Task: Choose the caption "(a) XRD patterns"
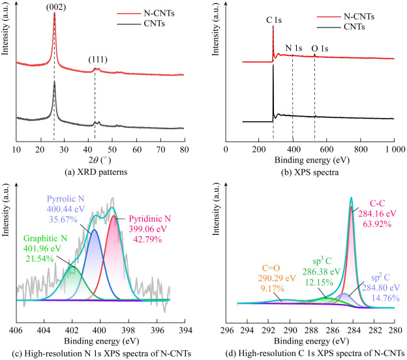point(97,172)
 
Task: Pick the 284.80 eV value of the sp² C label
point(376,286)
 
